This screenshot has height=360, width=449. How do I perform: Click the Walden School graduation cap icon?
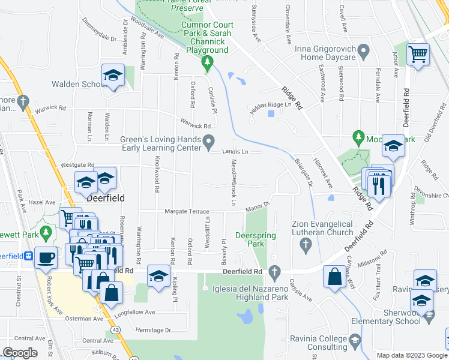112,75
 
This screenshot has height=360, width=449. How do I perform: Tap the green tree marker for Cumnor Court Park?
207,62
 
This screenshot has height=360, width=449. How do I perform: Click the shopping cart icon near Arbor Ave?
418,55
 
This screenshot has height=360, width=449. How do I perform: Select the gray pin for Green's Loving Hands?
209,142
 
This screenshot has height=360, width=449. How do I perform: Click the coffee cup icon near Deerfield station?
46,258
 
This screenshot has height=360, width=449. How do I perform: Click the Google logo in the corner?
20,353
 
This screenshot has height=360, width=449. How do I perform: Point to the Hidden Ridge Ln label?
274,105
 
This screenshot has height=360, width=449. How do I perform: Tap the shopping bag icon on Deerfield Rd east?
334,277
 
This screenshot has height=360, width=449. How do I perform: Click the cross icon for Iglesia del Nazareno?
275,272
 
